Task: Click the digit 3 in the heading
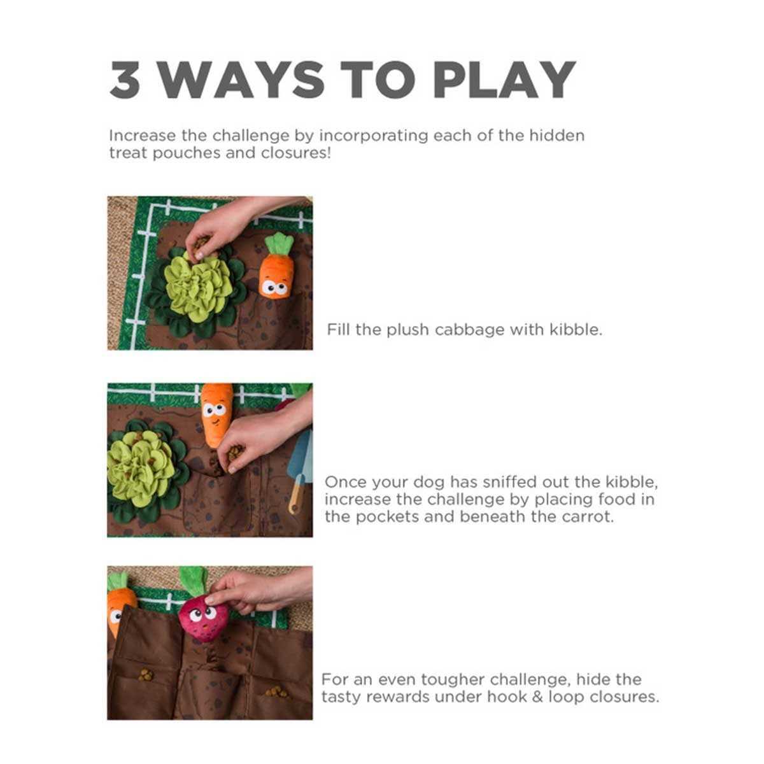125,80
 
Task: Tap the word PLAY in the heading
504,80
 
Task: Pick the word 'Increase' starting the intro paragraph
143,136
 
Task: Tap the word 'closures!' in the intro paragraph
296,153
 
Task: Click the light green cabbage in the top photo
198,288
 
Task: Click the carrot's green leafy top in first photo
279,244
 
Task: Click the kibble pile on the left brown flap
146,676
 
